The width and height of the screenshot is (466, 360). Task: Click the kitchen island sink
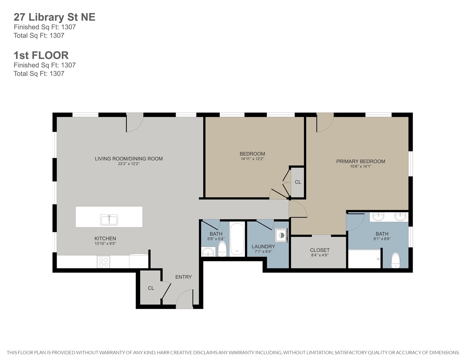coord(109,220)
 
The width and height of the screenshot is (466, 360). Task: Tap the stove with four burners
coord(103,262)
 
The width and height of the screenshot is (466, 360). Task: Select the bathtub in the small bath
coord(237,239)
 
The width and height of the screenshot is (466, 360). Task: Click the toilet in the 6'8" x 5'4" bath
coord(222,249)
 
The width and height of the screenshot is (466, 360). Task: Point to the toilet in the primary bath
coord(396,260)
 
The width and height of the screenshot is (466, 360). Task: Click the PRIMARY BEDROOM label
coord(361,161)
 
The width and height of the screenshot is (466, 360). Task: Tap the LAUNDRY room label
coord(263,246)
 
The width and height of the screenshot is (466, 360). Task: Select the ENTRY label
coord(183,277)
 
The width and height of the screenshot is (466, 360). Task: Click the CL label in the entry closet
coord(151,288)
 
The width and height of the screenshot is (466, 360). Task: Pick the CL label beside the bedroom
coord(298,182)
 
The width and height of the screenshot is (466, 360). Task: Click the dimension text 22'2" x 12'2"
coord(129,164)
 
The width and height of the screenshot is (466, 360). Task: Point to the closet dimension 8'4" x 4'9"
coord(320,255)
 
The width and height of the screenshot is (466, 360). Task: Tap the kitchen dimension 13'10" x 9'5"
coord(105,244)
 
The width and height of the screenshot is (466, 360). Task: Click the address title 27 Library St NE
coord(54,17)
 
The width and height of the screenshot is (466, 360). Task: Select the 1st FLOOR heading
coord(41,55)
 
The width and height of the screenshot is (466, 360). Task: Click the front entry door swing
coord(185,299)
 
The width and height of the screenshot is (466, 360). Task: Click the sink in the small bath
coord(208,252)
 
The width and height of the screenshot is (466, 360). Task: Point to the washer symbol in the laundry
coord(281,235)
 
